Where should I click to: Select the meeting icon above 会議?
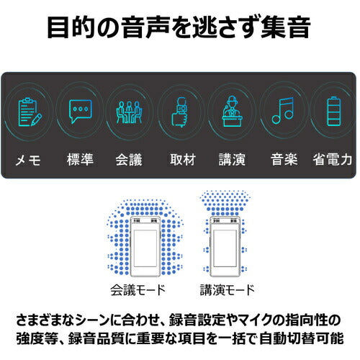coord(129,112)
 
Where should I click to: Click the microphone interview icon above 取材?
coord(180,112)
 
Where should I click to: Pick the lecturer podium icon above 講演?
coord(232,112)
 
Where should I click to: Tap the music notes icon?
coord(283,112)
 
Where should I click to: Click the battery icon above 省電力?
coord(333,112)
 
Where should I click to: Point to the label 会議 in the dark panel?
coord(129,159)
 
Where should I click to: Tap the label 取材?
coord(180,159)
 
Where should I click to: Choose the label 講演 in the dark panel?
coord(232,159)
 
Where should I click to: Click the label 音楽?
coord(283,159)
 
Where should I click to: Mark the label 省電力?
coord(333,159)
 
